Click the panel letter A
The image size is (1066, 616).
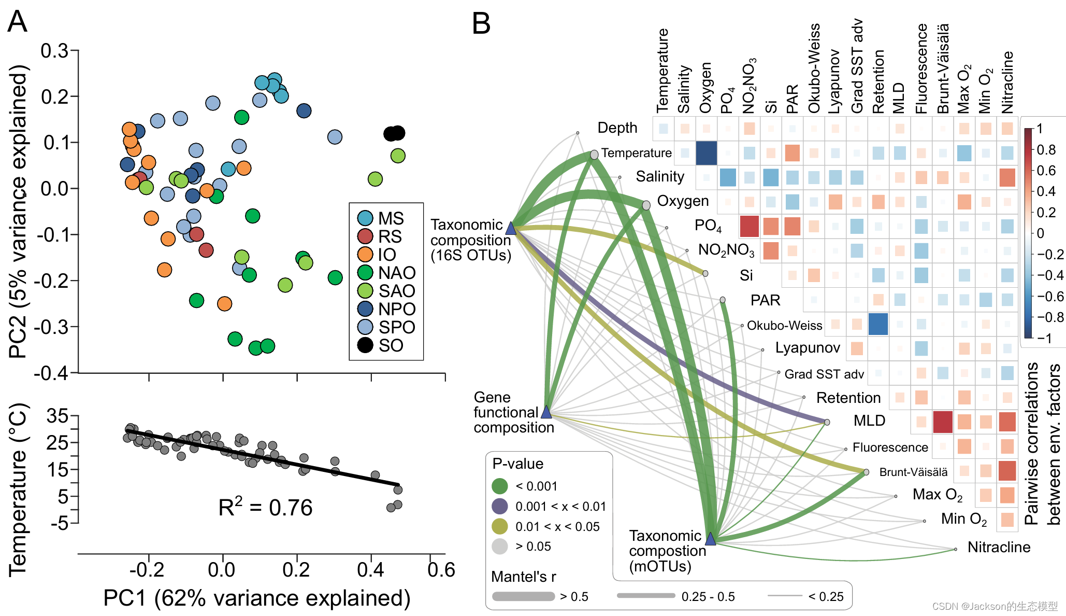click(x=17, y=22)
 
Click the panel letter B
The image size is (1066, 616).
click(x=481, y=24)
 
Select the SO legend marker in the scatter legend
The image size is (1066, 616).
click(x=365, y=345)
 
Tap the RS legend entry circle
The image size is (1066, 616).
click(x=365, y=236)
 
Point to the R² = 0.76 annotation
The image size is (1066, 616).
click(x=265, y=508)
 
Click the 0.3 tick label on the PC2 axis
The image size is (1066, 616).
click(x=54, y=51)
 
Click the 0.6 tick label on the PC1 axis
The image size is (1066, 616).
click(x=441, y=569)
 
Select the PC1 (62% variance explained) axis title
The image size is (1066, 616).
click(x=257, y=598)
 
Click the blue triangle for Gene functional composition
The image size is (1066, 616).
click(x=546, y=413)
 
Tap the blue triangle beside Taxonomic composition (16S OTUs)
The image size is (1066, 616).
click(x=511, y=228)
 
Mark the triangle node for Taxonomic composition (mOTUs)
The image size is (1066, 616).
click(x=711, y=539)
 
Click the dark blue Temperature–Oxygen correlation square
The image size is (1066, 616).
click(x=706, y=153)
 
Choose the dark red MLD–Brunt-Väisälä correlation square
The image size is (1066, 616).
click(x=943, y=422)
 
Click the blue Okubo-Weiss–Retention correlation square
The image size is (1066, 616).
click(x=878, y=324)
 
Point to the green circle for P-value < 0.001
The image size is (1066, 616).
click(x=499, y=486)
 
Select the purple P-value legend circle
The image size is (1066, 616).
click(x=499, y=506)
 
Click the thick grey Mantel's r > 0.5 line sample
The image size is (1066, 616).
click(x=523, y=597)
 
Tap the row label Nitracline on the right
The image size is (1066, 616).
click(x=999, y=547)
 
